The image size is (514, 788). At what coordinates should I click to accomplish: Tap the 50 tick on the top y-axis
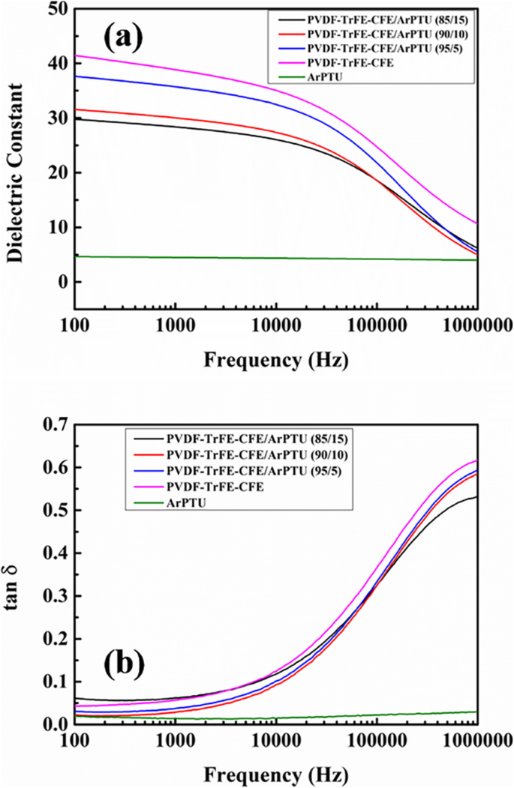[57, 10]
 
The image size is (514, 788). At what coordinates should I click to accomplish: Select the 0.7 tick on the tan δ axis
[54, 425]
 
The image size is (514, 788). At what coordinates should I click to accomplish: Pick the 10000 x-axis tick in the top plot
[275, 327]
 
